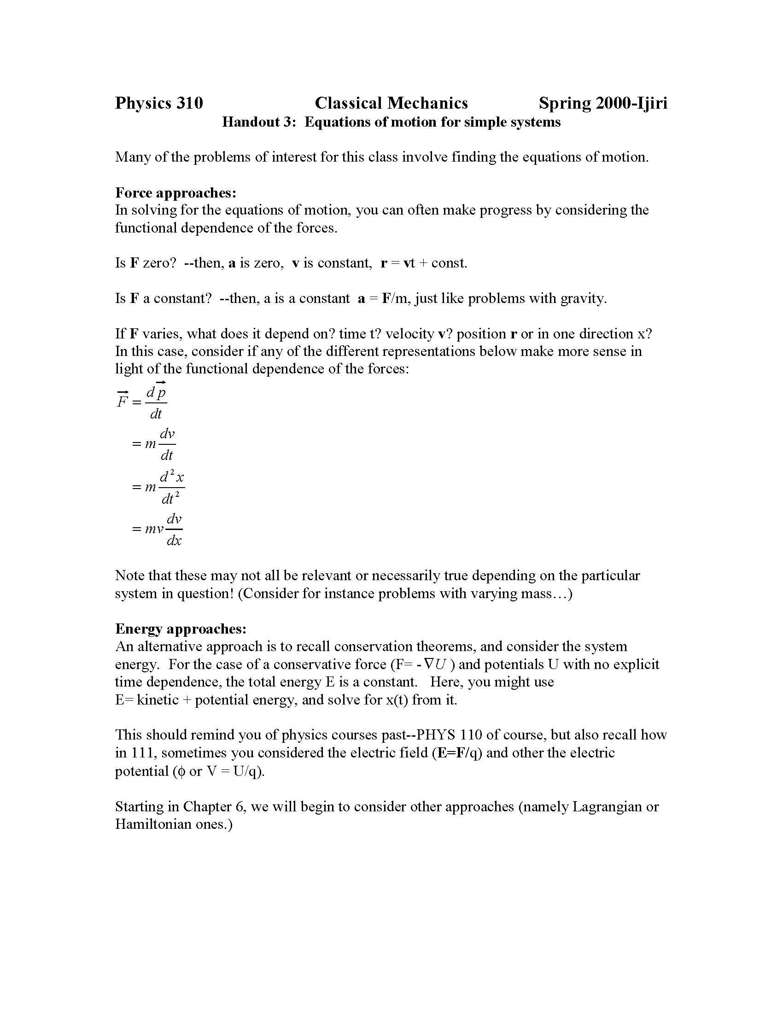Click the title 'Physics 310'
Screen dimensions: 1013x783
(x=158, y=103)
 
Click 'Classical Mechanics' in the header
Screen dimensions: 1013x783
(x=391, y=103)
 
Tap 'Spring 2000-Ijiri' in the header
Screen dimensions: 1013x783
(x=602, y=103)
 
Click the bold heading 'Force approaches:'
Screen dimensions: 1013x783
(x=176, y=192)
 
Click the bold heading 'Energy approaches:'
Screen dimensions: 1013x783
(x=181, y=629)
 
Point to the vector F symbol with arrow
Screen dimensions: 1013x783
(x=123, y=400)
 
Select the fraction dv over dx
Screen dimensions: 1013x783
(x=174, y=530)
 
